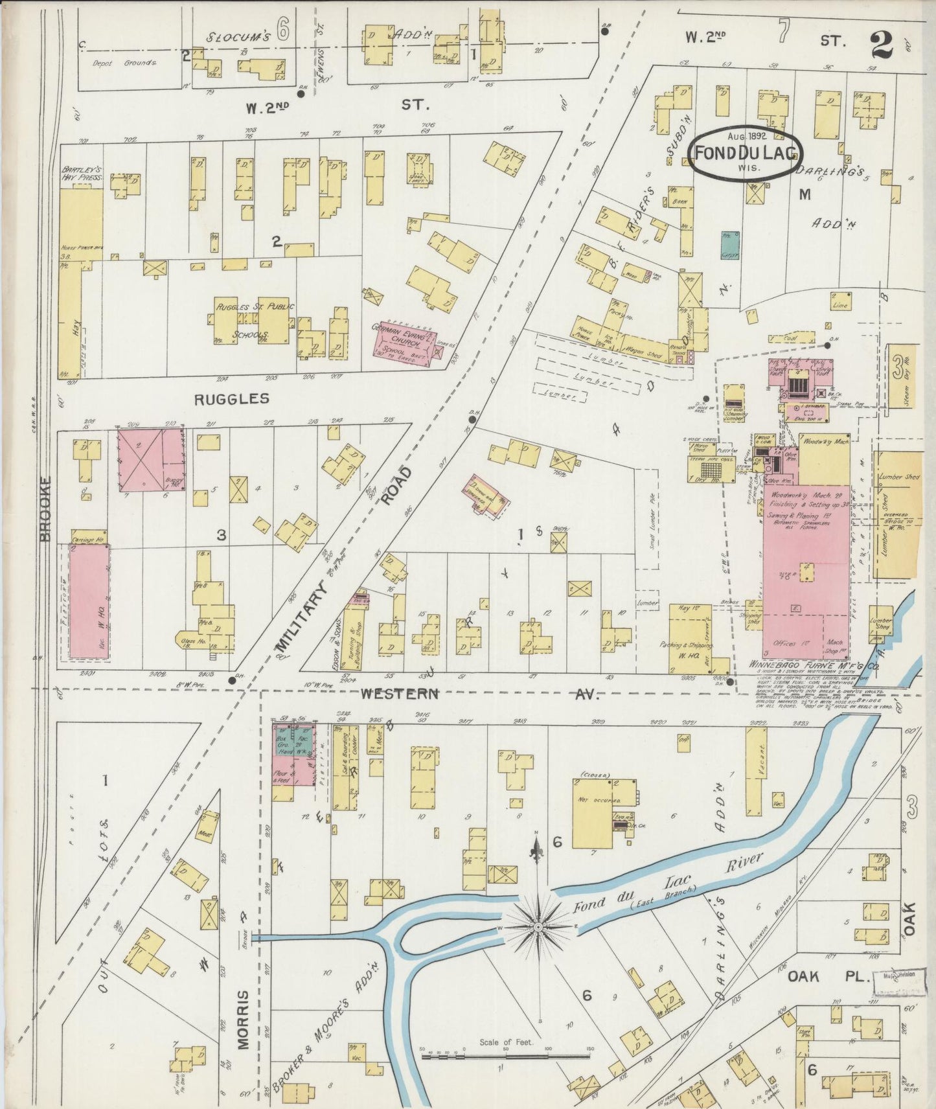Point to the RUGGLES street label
click(x=232, y=398)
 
